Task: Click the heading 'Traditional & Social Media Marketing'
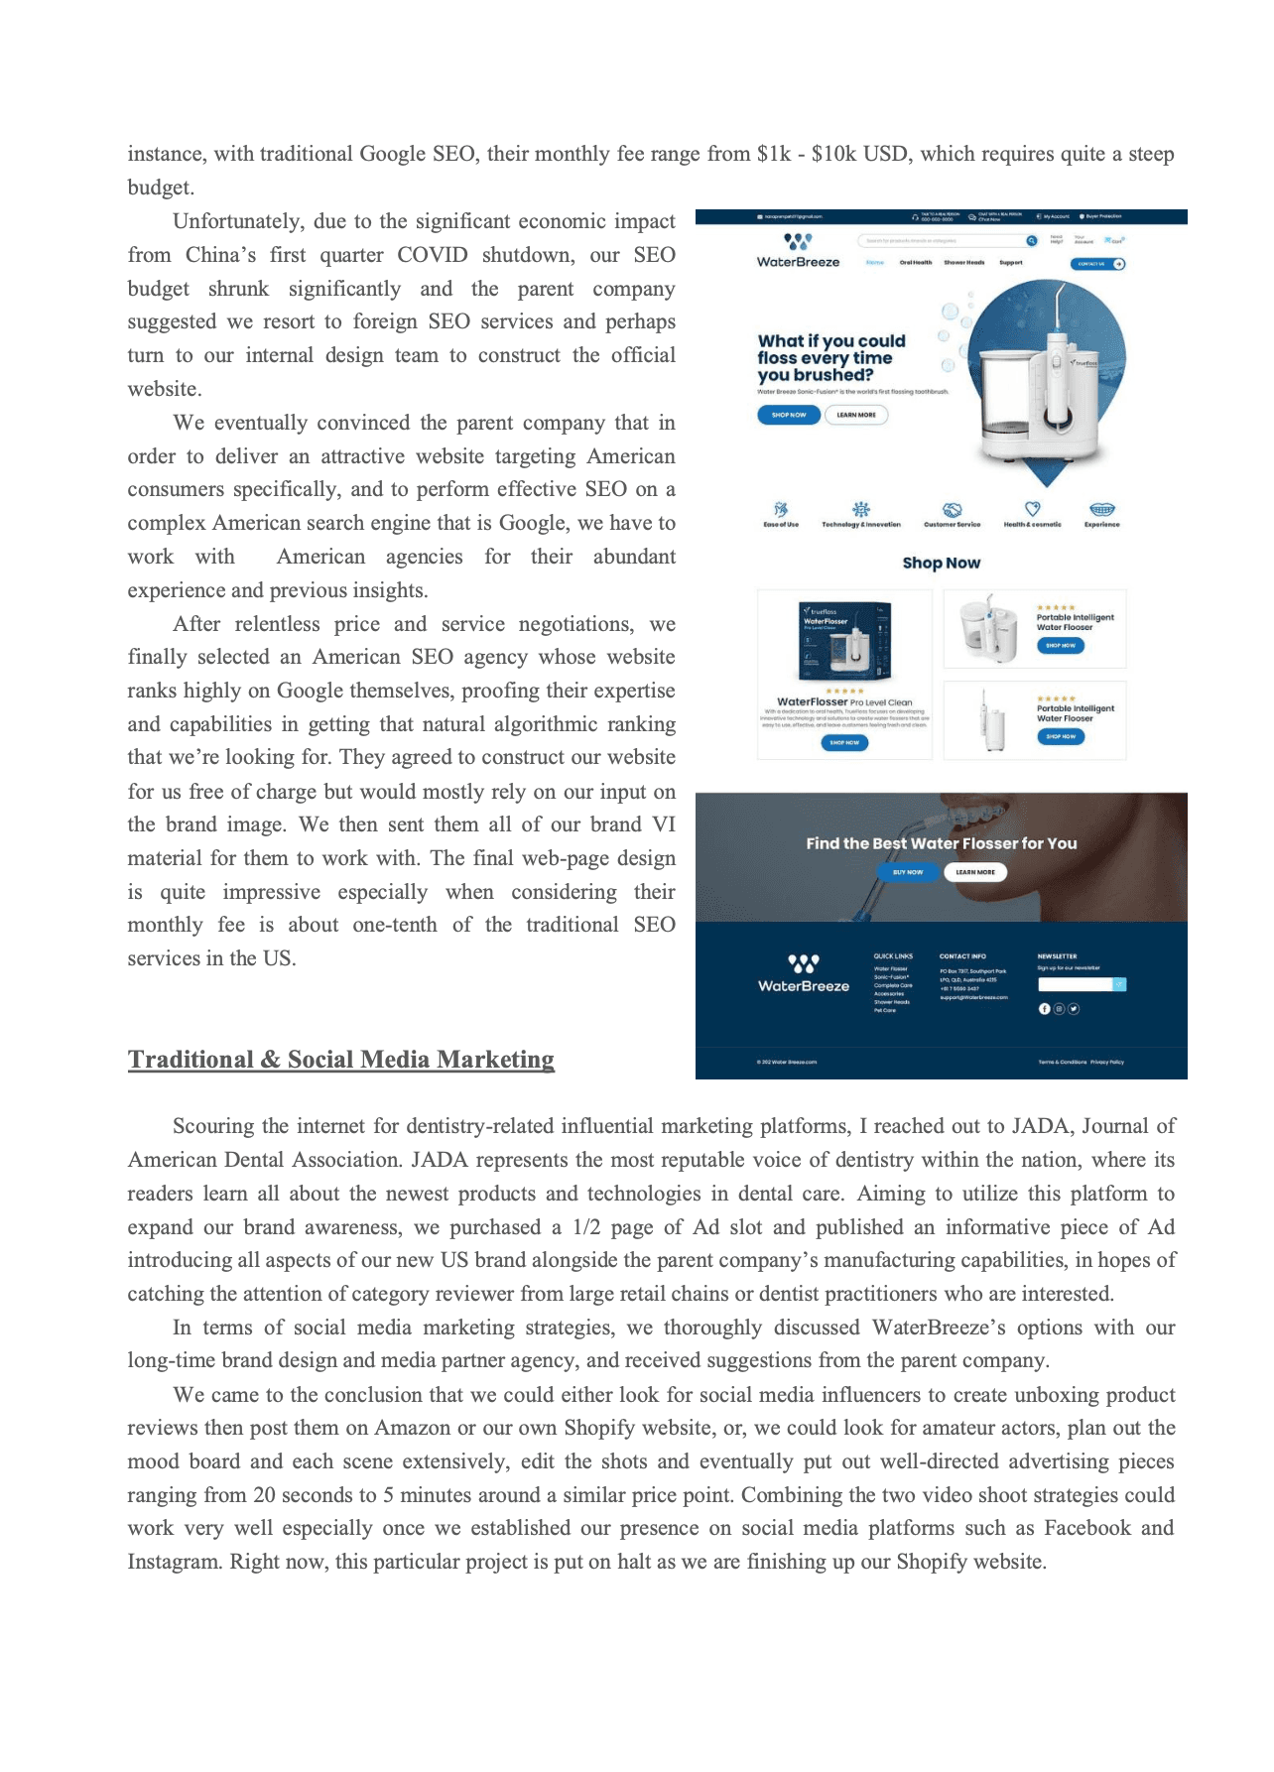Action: click(340, 1060)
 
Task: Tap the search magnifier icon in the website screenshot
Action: click(1032, 240)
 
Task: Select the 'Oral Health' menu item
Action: click(915, 263)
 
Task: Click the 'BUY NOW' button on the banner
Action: click(907, 872)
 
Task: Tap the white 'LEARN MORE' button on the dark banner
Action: click(975, 872)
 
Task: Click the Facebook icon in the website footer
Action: click(1044, 1009)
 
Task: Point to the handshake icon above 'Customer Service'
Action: click(952, 510)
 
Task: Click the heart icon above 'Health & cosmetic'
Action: click(1032, 509)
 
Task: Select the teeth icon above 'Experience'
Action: click(1101, 510)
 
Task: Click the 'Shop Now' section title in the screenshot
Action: click(941, 563)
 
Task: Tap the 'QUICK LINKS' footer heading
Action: click(893, 956)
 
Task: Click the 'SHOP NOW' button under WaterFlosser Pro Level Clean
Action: click(844, 742)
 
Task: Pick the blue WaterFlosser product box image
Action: click(844, 641)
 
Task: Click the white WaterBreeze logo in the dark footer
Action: click(804, 973)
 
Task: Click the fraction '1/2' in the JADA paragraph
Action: click(586, 1227)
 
